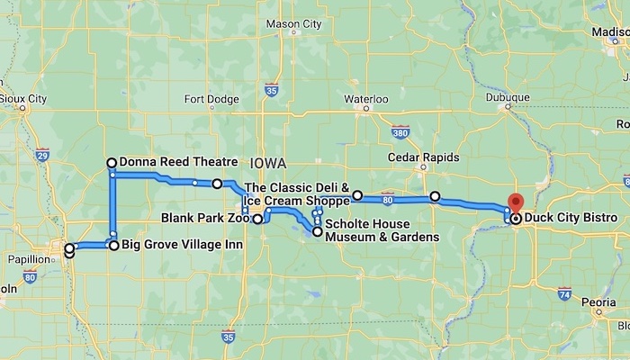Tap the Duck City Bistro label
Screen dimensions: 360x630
[x=570, y=219]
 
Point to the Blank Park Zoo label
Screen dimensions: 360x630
[x=204, y=218]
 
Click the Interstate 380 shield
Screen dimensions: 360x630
[x=401, y=132]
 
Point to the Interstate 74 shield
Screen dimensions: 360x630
[x=563, y=294]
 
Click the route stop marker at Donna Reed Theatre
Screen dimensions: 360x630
[x=112, y=163]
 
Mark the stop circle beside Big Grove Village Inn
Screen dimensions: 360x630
[x=114, y=244]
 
